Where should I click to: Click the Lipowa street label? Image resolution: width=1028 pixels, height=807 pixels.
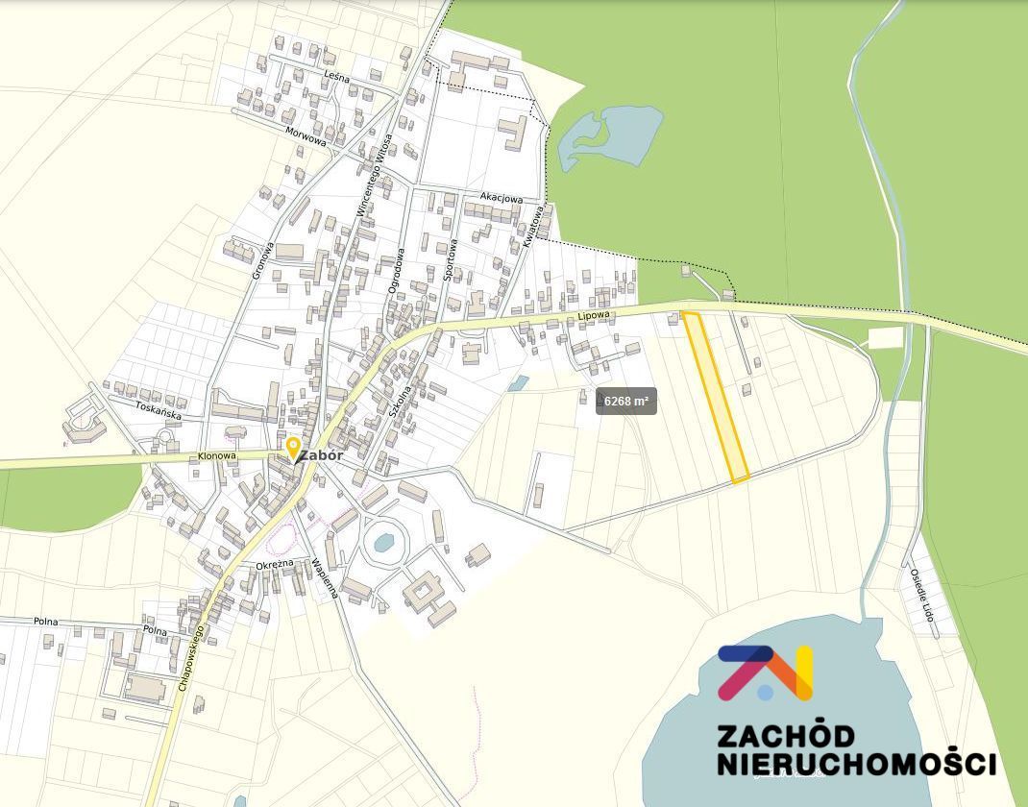(595, 315)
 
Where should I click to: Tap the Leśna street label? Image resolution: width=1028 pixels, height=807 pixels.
(336, 76)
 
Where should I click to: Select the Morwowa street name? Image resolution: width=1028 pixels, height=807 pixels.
(306, 135)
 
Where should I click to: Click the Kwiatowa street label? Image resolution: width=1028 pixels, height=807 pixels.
(533, 227)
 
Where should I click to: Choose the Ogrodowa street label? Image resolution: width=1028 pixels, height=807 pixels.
(396, 272)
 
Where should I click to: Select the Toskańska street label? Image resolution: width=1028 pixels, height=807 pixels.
(158, 406)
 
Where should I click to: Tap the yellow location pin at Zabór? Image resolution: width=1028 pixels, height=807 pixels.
(293, 447)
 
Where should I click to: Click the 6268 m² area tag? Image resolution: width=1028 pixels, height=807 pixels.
(626, 402)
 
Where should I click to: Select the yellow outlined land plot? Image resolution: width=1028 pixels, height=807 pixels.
(716, 397)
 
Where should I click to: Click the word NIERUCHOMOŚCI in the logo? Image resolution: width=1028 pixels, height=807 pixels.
(856, 765)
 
